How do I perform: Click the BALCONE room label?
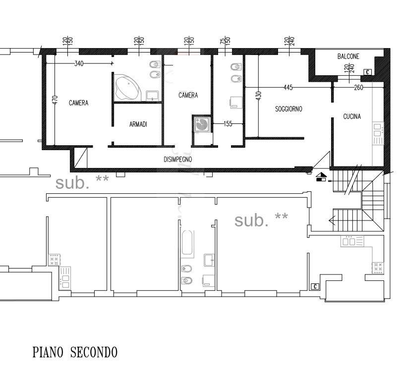[348, 56]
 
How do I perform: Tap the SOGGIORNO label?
[288, 109]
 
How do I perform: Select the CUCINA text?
[352, 116]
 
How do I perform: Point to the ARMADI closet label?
[138, 124]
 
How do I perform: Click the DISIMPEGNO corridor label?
[178, 159]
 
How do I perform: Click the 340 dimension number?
[79, 63]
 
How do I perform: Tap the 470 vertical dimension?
[55, 100]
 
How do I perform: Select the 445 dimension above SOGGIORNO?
[288, 88]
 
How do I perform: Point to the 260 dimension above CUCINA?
[358, 88]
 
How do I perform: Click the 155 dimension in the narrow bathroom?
[228, 124]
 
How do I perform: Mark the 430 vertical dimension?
[259, 95]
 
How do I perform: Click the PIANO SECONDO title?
[75, 352]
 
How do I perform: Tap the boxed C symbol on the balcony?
[367, 72]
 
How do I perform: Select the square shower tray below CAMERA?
[202, 124]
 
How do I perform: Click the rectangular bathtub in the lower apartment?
[187, 243]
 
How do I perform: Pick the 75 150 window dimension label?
[225, 41]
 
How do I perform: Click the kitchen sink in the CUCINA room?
[378, 130]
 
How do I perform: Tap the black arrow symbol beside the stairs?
[321, 177]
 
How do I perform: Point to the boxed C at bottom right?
[315, 286]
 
